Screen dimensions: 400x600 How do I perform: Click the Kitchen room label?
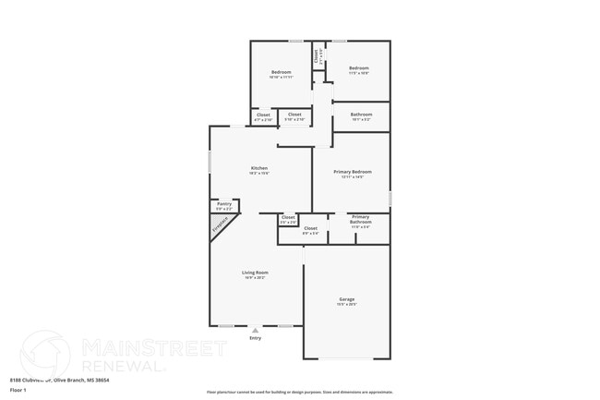pyautogui.click(x=259, y=168)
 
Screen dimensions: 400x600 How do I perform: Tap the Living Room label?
pyautogui.click(x=255, y=273)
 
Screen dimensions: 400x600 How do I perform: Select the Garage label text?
pyautogui.click(x=347, y=299)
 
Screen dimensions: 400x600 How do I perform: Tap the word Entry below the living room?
pyautogui.click(x=256, y=338)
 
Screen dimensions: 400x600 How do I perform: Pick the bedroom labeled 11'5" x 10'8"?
pyautogui.click(x=359, y=68)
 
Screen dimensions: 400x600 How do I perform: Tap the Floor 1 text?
pyautogui.click(x=18, y=390)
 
